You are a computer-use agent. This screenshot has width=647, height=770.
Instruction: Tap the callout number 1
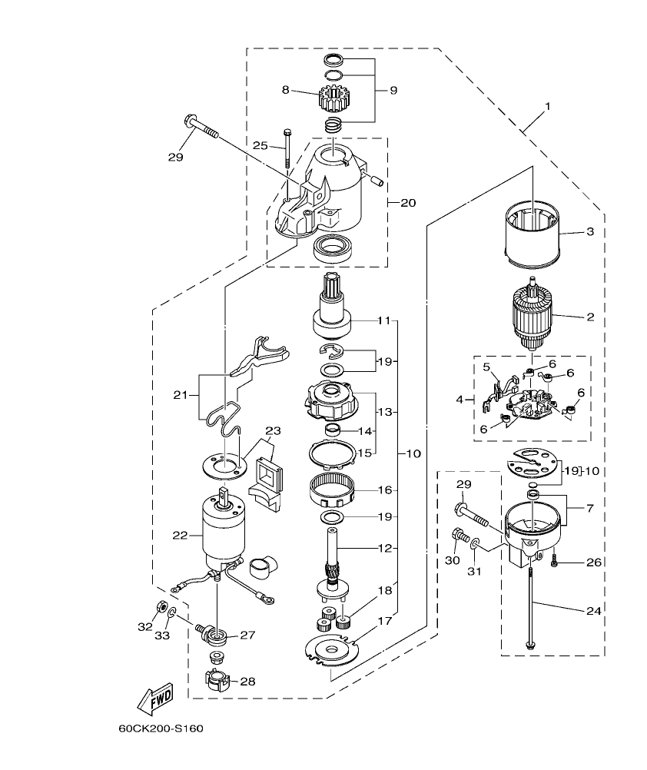[x=548, y=106]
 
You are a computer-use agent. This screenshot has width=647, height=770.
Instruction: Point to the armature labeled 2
[x=533, y=316]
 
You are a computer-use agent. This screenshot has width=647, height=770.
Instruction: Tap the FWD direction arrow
[x=154, y=698]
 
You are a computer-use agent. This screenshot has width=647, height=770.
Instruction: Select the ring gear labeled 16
[x=333, y=490]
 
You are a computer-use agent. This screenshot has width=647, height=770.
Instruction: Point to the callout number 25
[x=260, y=145]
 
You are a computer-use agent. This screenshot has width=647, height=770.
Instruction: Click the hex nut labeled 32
[x=163, y=606]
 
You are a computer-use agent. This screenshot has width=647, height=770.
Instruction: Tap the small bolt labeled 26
[x=554, y=563]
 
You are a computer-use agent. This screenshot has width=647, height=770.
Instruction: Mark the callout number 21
[x=181, y=394]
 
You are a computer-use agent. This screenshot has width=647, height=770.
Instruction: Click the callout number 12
[x=384, y=548]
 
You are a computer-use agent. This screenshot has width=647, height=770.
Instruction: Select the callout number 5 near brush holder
[x=486, y=367]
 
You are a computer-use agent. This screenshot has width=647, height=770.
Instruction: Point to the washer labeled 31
[x=476, y=545]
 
